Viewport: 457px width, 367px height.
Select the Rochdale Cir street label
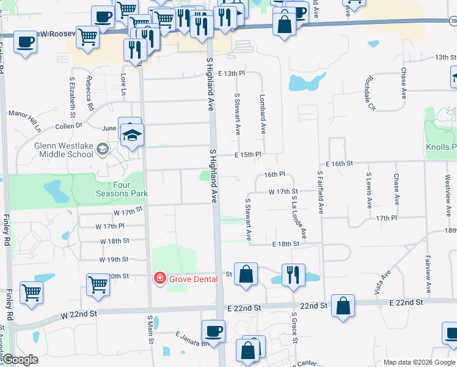click(x=370, y=94)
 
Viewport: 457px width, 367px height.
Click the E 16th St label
click(x=340, y=163)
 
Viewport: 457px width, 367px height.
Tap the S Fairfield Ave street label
click(x=320, y=192)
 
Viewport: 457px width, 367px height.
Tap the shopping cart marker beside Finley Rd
click(x=31, y=292)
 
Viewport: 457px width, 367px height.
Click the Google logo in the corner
click(x=20, y=360)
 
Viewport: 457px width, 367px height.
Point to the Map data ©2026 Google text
click(x=419, y=362)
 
